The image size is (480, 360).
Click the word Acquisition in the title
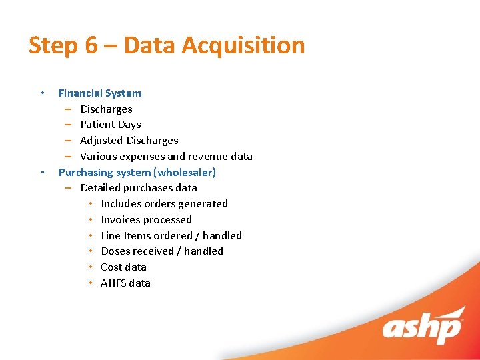pos(243,46)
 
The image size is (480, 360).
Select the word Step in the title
pos(53,46)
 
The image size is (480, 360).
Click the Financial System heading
pos(100,93)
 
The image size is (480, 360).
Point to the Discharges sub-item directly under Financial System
pos(106,109)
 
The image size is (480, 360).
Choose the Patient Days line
pos(110,125)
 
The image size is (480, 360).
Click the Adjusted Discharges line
pos(129,141)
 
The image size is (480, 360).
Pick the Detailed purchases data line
pos(138,188)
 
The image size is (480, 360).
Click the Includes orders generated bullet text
pos(164,204)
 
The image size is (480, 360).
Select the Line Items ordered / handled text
pos(171,236)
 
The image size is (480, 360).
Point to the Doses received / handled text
pos(162,251)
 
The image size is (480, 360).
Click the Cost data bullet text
pos(123,267)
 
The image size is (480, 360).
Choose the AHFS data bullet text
pos(125,283)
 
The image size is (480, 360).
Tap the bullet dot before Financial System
pos(42,93)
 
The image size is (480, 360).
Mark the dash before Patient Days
pos(68,125)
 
